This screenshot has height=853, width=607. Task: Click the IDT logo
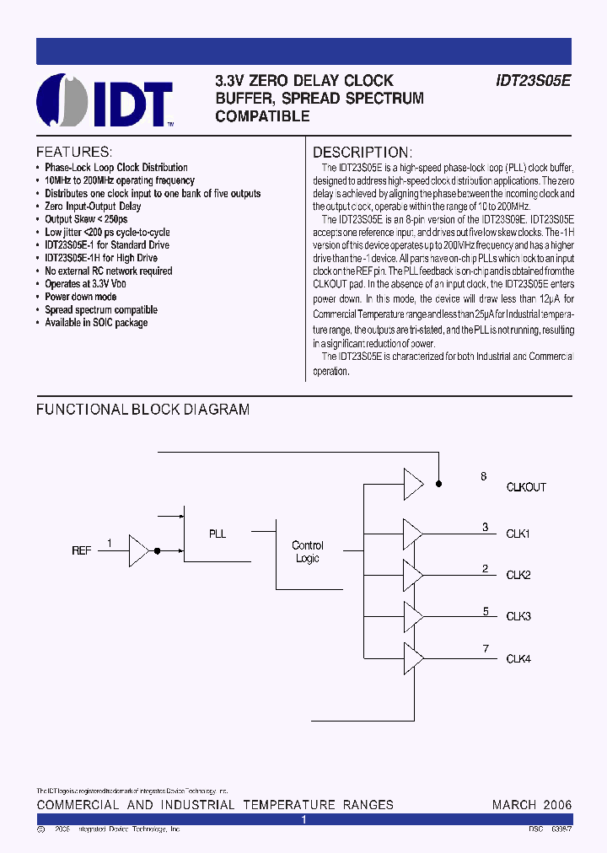105,100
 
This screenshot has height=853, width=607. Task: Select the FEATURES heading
74,153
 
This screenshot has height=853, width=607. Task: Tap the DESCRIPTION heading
362,153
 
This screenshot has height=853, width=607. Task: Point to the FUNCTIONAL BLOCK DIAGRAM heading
142,410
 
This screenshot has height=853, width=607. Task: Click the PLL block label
218,534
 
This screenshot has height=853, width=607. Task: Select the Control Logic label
308,552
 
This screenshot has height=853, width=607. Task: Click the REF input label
82,550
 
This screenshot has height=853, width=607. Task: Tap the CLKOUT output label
526,487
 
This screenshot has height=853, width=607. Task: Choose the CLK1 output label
518,534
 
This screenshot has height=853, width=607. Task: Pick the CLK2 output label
518,575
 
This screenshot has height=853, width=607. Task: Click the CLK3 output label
518,616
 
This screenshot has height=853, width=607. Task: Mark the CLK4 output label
518,658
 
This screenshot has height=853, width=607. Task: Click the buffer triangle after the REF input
138,550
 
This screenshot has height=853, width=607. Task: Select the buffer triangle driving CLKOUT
413,484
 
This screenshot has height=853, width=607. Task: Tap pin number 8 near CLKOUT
484,477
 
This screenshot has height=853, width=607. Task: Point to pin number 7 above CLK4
486,648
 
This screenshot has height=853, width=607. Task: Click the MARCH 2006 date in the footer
532,805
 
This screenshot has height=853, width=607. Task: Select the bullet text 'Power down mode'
81,297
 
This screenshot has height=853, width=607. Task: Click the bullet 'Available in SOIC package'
96,323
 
